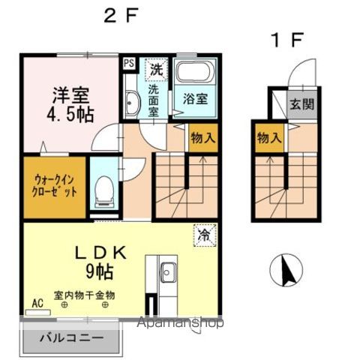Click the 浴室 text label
(194, 97)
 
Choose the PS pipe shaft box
(129, 64)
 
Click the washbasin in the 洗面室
(132, 103)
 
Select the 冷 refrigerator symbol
(204, 234)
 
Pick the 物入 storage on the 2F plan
(201, 139)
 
